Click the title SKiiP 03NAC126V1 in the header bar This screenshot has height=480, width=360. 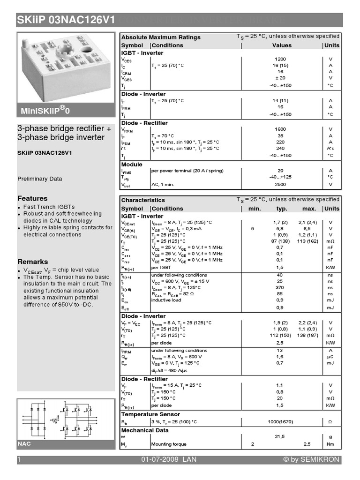click(66, 20)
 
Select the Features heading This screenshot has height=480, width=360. click(32, 198)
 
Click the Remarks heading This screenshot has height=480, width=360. click(33, 262)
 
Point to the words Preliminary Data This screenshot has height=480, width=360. click(40, 179)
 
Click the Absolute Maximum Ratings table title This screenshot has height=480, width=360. click(161, 37)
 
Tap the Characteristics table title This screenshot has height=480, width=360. click(143, 200)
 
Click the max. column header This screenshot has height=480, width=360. click(309, 209)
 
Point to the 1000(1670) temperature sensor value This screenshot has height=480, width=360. click(280, 422)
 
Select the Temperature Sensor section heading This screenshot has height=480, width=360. click(150, 414)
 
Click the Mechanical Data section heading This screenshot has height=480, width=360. click(145, 430)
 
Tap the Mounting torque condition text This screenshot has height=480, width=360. click(169, 444)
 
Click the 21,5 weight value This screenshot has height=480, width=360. click(280, 436)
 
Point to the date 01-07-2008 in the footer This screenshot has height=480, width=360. click(159, 460)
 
